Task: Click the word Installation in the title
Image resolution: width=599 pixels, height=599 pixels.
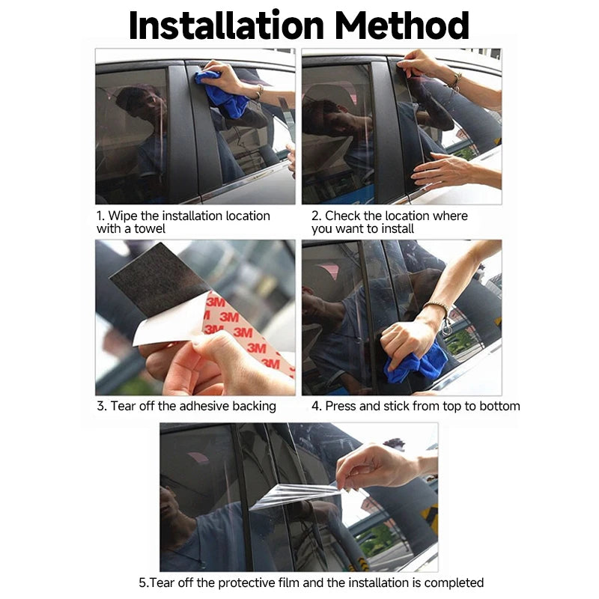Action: (227, 25)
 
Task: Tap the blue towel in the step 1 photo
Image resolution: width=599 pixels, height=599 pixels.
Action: (222, 94)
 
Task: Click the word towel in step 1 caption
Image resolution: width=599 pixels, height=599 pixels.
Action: (150, 229)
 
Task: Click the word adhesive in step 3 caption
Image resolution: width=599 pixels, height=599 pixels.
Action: (204, 406)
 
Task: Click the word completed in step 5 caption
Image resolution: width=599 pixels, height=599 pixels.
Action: (454, 583)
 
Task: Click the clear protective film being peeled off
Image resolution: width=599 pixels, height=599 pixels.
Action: (294, 496)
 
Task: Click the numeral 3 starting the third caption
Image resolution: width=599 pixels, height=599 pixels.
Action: (100, 406)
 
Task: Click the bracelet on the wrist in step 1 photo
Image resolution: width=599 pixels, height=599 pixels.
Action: (260, 92)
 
